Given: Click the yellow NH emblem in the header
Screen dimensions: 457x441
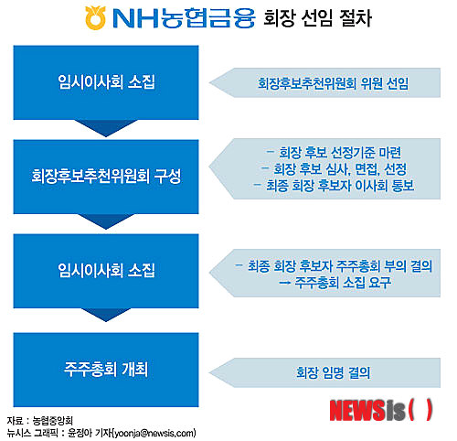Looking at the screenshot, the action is click(x=95, y=17).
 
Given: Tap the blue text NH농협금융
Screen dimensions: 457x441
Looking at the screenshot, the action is click(x=184, y=18).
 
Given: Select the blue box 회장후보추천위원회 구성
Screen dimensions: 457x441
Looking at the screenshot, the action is click(x=106, y=177).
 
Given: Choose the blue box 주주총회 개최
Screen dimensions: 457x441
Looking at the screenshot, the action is click(x=106, y=370).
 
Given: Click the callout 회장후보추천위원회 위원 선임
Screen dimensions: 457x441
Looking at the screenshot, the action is click(x=324, y=82).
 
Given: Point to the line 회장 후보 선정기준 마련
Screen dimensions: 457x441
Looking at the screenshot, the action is click(x=334, y=153).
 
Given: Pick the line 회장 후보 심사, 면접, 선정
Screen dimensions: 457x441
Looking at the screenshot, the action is click(x=334, y=169).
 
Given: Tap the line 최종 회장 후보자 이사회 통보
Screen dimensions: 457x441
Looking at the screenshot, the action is click(x=334, y=186).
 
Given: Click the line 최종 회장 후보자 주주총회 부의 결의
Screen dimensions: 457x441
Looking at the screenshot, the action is click(x=334, y=266).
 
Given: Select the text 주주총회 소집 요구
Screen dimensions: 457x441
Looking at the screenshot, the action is click(x=343, y=283).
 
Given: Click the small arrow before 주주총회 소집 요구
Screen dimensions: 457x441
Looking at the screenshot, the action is click(x=284, y=283).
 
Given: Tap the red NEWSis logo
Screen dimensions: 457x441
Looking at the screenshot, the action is click(x=381, y=411).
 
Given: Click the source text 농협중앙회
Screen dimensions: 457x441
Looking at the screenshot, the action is click(x=52, y=421).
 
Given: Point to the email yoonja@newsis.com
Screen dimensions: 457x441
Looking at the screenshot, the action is click(x=154, y=433).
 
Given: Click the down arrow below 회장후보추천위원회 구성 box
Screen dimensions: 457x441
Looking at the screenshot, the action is click(x=106, y=221).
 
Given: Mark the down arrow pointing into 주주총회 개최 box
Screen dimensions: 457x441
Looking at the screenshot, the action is click(x=106, y=315).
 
